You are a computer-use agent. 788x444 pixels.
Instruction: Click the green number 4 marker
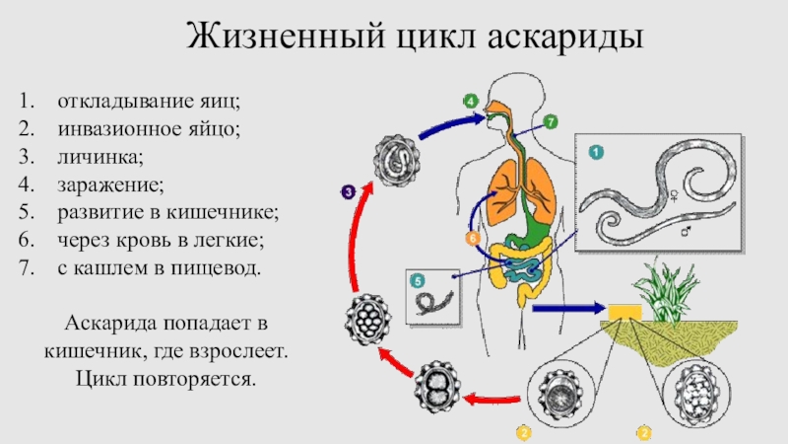click(x=471, y=102)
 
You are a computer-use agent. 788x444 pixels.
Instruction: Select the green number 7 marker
click(x=551, y=121)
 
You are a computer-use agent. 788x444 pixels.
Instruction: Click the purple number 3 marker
click(x=348, y=192)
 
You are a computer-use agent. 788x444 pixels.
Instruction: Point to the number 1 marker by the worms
click(x=596, y=152)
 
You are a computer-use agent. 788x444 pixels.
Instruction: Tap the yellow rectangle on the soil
click(x=624, y=312)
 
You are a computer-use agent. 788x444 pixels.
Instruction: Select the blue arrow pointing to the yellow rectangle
click(x=566, y=310)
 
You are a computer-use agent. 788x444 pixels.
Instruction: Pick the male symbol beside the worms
click(x=688, y=231)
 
